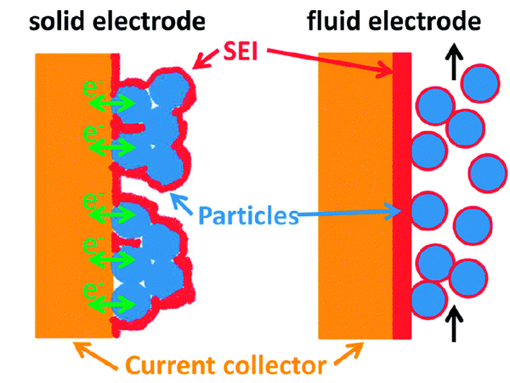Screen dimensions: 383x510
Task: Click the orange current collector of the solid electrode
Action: pyautogui.click(x=72, y=196)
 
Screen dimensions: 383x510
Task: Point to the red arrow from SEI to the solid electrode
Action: pyautogui.click(x=204, y=60)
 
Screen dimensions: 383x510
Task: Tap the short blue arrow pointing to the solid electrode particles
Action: pyautogui.click(x=180, y=201)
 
